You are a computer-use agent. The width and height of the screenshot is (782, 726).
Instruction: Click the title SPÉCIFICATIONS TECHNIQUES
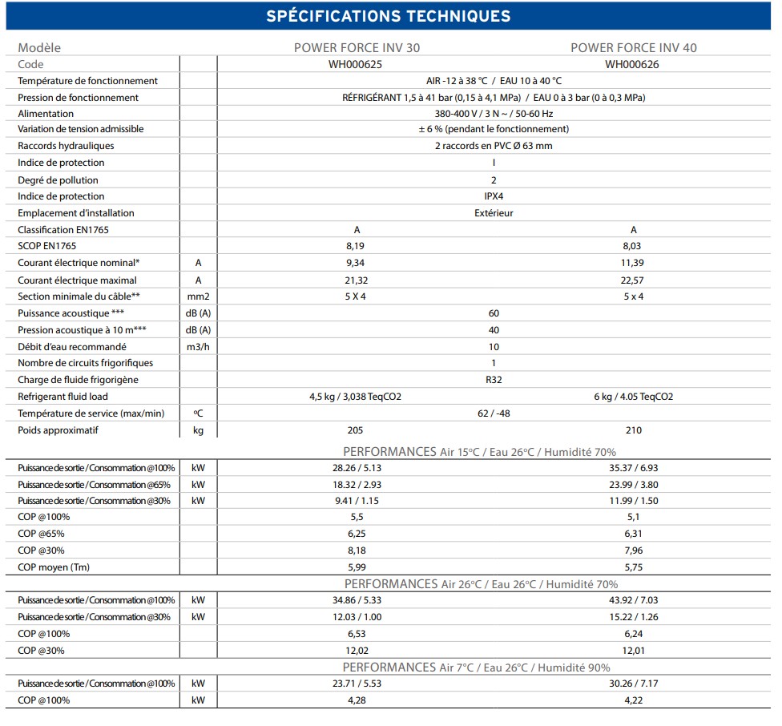pos(388,16)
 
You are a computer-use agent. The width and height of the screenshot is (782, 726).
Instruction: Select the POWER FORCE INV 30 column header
pos(357,47)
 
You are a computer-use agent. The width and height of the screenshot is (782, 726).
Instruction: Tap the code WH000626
pos(632,64)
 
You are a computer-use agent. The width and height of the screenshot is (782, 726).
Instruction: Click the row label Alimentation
pos(46,114)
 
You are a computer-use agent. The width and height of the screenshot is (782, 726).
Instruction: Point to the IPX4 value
pos(493,196)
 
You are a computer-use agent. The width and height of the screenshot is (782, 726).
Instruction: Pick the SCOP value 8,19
pos(357,246)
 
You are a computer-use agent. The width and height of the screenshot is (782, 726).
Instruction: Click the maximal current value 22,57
pos(632,280)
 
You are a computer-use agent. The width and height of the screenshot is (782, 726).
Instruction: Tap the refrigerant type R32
pos(493,380)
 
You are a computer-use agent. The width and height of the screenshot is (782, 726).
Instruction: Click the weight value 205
pos(357,430)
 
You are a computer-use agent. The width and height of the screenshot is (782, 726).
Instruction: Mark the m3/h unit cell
pos(198,347)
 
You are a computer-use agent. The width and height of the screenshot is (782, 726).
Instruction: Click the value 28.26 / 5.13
pos(357,467)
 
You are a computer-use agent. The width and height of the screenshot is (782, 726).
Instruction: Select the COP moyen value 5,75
pos(632,567)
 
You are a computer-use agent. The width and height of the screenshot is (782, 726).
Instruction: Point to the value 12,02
pos(357,651)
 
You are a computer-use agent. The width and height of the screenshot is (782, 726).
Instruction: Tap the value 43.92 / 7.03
pos(632,600)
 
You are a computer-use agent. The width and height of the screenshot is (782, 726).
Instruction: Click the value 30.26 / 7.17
pos(632,684)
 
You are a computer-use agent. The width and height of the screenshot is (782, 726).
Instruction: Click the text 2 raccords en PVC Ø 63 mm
pos(493,146)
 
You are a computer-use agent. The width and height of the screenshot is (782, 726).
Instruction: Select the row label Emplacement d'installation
pos(76,213)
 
